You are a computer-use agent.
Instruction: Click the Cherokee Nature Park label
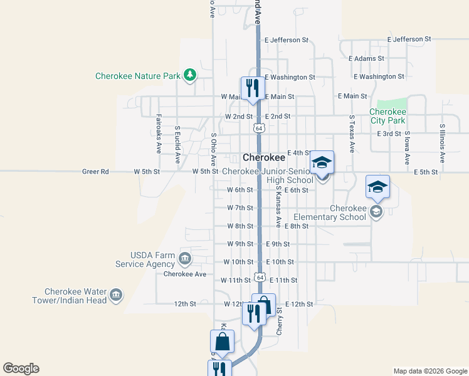pyautogui.click(x=137, y=76)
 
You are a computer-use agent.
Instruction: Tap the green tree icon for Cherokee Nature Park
pyautogui.click(x=189, y=76)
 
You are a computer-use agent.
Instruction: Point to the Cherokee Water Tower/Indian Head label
pyautogui.click(x=75, y=296)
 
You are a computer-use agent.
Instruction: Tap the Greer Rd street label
pyautogui.click(x=95, y=171)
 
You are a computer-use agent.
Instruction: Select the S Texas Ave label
pyautogui.click(x=352, y=134)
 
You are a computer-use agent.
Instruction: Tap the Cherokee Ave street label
pyautogui.click(x=185, y=274)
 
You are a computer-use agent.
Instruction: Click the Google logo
pyautogui.click(x=21, y=368)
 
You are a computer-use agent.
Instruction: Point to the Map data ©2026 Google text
pyautogui.click(x=429, y=371)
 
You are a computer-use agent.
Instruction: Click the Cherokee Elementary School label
pyautogui.click(x=347, y=213)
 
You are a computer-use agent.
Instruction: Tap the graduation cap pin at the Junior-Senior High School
pyautogui.click(x=322, y=162)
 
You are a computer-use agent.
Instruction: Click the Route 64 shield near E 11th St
pyautogui.click(x=260, y=278)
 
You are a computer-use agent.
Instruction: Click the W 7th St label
pyautogui.click(x=240, y=207)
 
